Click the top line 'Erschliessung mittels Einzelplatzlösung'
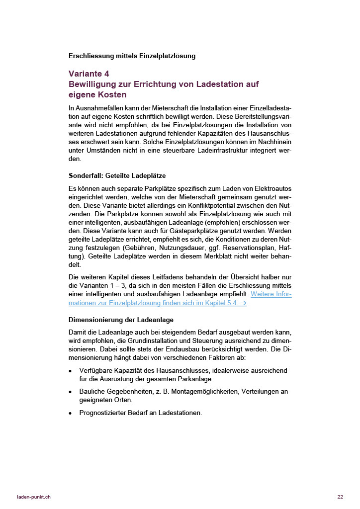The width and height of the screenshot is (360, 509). [x=132, y=56]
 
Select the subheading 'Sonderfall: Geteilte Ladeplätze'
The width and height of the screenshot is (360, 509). [x=117, y=175]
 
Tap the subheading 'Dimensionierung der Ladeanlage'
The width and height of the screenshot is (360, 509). [x=121, y=319]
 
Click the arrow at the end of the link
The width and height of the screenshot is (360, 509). [x=243, y=303]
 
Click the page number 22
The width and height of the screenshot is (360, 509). [x=340, y=497]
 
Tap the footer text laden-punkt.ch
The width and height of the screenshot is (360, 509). [x=34, y=497]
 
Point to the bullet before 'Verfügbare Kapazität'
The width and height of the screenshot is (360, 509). [x=71, y=371]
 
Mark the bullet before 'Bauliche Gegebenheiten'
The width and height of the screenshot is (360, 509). [x=71, y=392]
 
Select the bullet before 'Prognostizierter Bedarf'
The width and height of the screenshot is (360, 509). [x=71, y=413]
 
